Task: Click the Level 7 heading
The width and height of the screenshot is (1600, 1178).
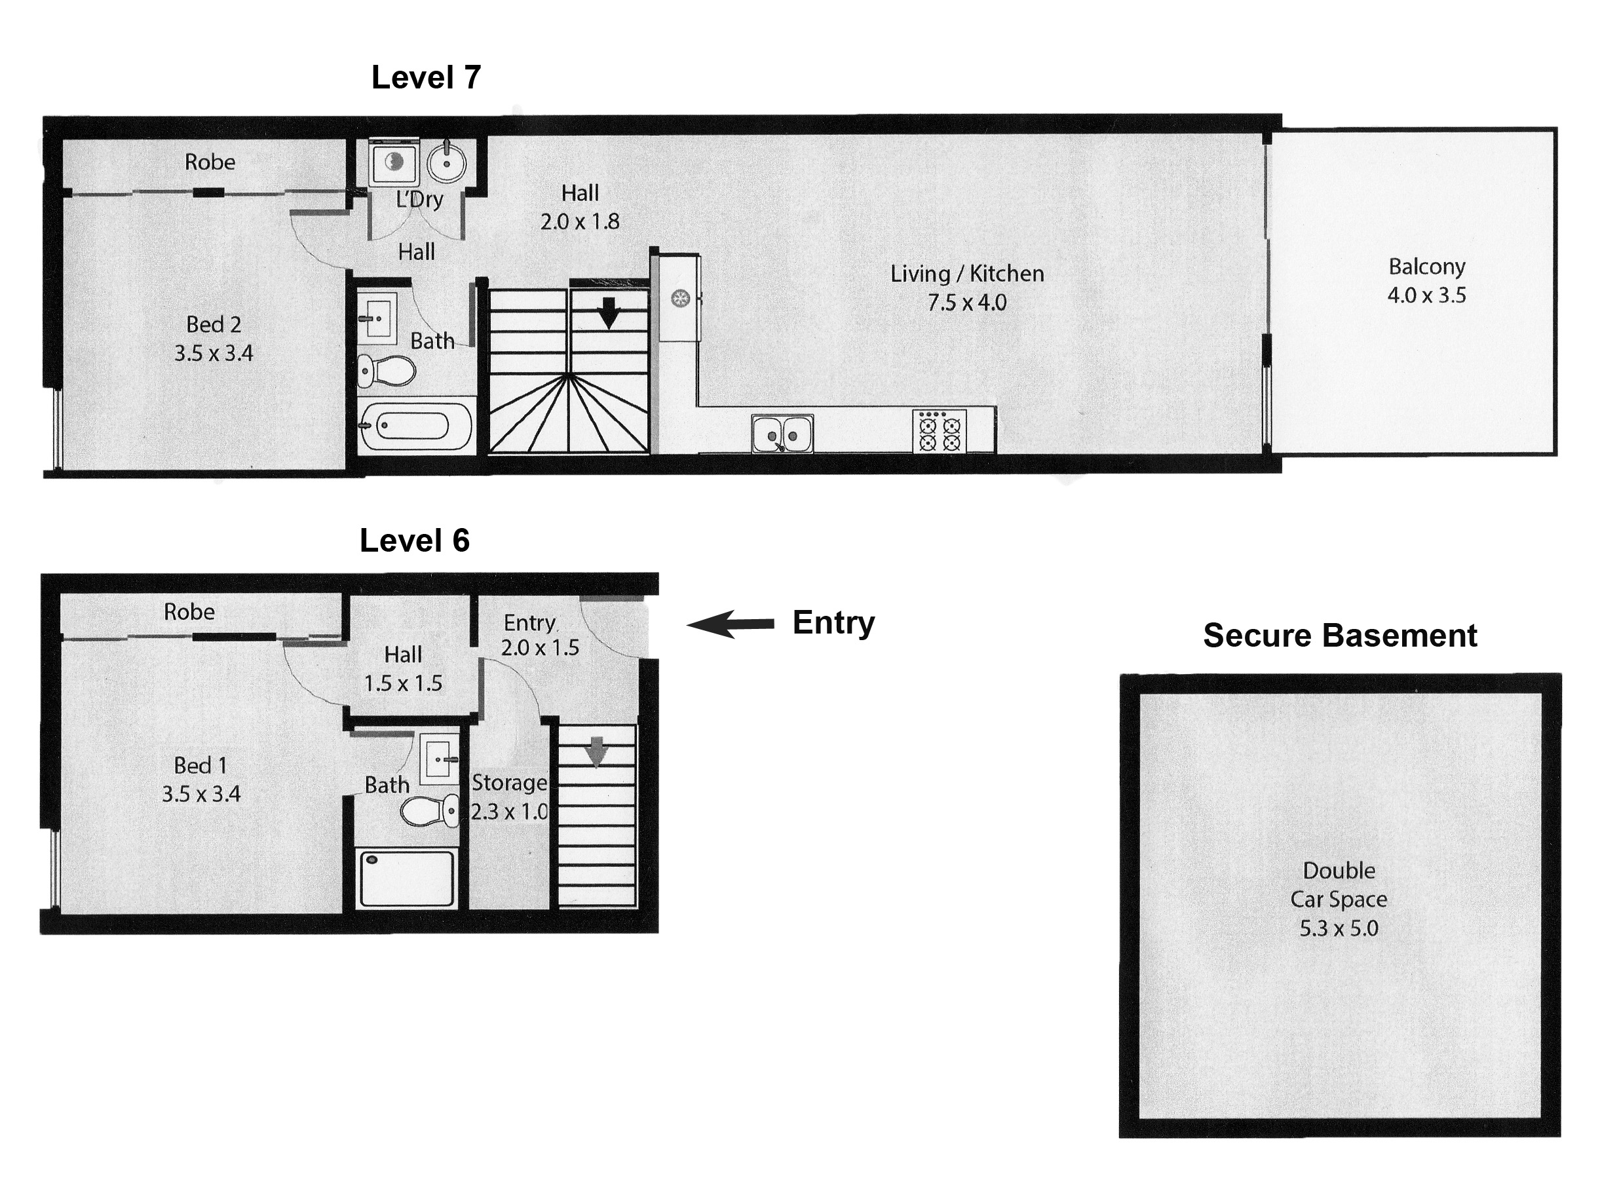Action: [x=426, y=78]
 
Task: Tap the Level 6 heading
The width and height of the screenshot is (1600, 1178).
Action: [x=414, y=541]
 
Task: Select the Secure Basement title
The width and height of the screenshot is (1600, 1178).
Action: [x=1339, y=636]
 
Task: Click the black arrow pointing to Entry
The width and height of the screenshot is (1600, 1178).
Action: [x=730, y=624]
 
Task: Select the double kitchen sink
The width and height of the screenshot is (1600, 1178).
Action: [x=782, y=434]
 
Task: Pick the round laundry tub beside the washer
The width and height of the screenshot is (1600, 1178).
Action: [x=447, y=164]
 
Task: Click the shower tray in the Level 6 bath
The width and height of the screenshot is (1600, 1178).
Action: [x=406, y=879]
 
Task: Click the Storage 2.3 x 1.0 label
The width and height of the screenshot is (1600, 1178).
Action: [x=509, y=797]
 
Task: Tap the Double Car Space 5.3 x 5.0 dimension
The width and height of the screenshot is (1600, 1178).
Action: [x=1339, y=928]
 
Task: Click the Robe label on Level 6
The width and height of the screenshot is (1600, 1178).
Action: [x=189, y=612]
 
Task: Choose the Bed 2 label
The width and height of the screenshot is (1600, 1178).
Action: [x=213, y=325]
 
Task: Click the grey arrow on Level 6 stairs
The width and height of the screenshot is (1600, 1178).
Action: [x=596, y=751]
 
